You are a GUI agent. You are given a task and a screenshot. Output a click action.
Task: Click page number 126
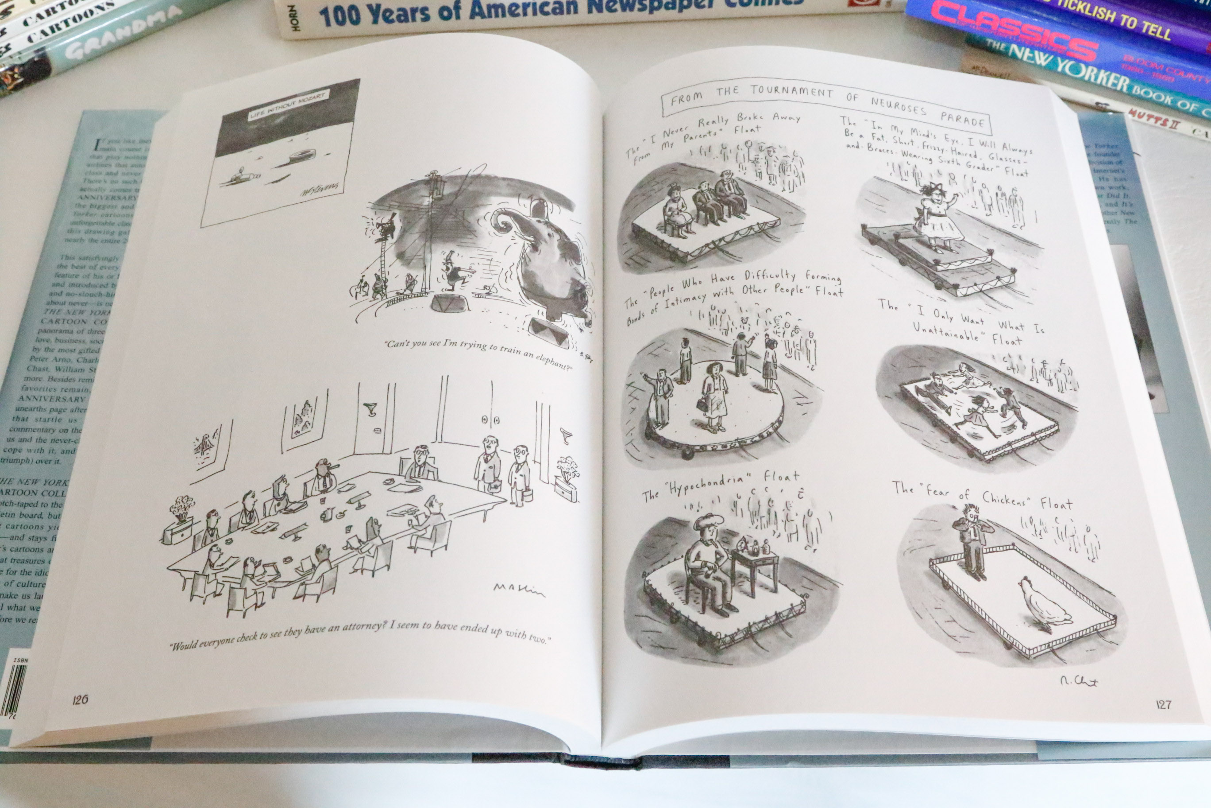(80, 699)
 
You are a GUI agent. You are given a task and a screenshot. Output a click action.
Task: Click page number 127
(1164, 704)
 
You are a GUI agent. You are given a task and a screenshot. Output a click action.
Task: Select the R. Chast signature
(1079, 681)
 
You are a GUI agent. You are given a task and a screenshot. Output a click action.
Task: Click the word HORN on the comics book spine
(294, 17)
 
